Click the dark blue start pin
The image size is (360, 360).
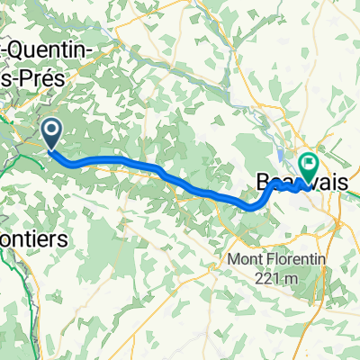(51, 135)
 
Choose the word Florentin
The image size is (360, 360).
(287, 242)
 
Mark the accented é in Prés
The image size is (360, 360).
(46, 79)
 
